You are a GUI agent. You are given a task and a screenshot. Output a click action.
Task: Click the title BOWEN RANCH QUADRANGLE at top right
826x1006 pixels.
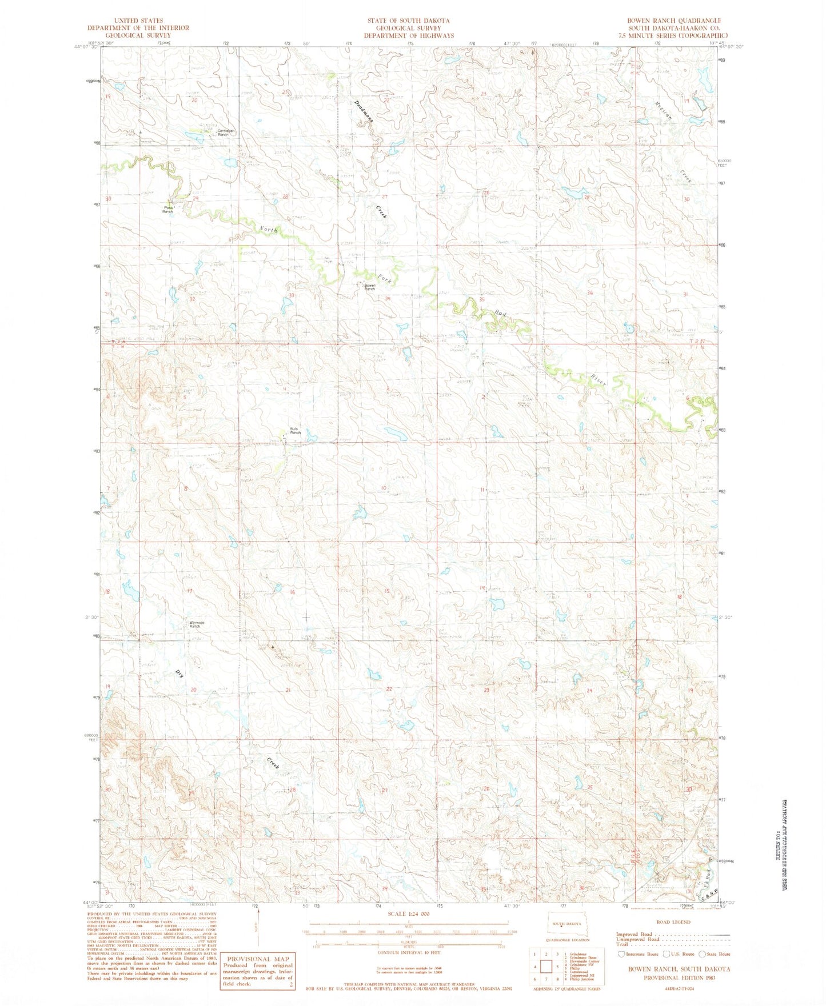[x=674, y=21]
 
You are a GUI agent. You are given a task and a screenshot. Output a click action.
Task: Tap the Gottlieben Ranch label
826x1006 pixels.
[x=226, y=132]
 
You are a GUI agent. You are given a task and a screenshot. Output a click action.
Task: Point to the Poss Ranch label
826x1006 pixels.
[x=167, y=210]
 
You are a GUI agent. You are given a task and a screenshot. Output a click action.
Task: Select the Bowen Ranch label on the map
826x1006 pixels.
[x=369, y=287]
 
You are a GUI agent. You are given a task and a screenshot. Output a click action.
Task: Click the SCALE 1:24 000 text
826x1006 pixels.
[x=409, y=914]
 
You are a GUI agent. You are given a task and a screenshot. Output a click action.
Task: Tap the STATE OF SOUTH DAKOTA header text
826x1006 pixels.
[x=408, y=21]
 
